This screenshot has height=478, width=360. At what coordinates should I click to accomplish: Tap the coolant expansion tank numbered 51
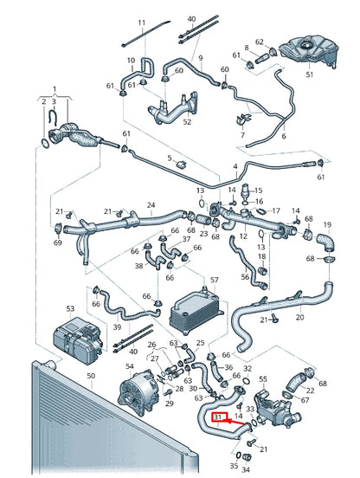tap(308, 51)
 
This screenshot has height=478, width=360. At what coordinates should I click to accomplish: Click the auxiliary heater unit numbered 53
tap(79, 340)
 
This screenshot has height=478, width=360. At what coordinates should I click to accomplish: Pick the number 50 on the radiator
tap(91, 376)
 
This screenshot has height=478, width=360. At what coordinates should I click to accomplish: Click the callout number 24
tap(151, 205)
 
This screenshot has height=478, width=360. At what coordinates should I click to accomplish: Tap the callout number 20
tap(299, 317)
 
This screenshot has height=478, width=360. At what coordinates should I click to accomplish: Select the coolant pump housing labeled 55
tap(276, 409)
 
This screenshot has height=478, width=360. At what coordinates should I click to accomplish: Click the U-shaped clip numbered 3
tap(54, 119)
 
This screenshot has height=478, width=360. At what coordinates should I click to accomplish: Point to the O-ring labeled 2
tap(44, 143)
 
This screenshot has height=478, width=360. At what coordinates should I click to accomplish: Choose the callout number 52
tap(187, 122)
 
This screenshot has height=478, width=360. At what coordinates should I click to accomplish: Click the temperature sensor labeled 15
tap(245, 191)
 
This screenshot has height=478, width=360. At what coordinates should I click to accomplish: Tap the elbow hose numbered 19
tap(325, 242)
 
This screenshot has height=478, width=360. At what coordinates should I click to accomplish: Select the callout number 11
tap(142, 23)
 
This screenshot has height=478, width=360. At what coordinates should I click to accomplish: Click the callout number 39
tap(117, 327)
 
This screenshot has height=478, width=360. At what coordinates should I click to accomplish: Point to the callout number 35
tap(234, 466)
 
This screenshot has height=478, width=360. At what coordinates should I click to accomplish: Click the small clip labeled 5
tap(181, 165)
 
